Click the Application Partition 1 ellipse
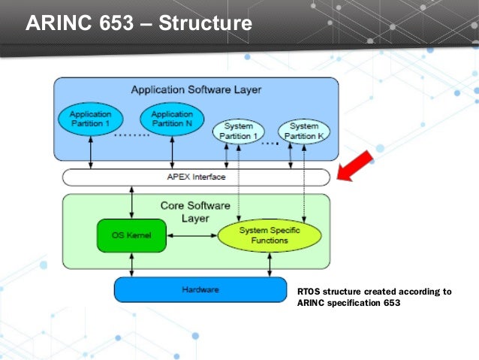[90, 119]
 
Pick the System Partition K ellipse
[303, 131]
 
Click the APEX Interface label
[196, 177]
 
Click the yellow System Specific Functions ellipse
[269, 235]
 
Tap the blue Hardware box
[200, 289]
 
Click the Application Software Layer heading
[196, 89]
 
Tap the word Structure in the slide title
[201, 23]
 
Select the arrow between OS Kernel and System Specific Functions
[192, 235]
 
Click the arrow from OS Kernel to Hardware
[132, 264]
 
